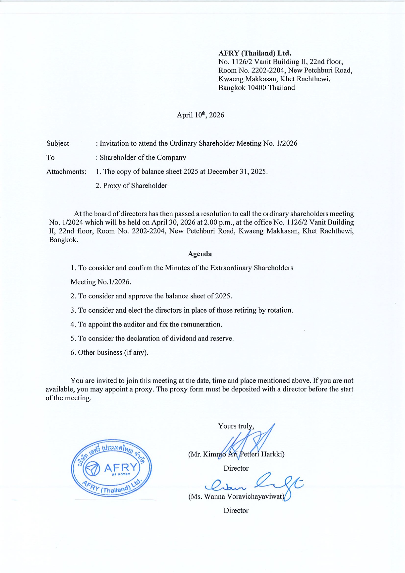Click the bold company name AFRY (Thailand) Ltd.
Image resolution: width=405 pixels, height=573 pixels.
pyautogui.click(x=255, y=53)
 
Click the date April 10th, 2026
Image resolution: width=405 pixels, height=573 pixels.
pyautogui.click(x=200, y=115)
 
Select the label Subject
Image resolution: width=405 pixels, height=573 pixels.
pyautogui.click(x=58, y=143)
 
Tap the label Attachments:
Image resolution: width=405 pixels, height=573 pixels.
pyautogui.click(x=66, y=172)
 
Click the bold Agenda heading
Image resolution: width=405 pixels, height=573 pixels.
pyautogui.click(x=200, y=254)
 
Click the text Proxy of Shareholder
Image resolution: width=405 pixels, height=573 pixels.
pyautogui.click(x=135, y=186)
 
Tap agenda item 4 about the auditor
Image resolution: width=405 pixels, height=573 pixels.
pyautogui.click(x=146, y=324)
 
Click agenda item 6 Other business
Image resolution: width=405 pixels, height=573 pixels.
pyautogui.click(x=109, y=353)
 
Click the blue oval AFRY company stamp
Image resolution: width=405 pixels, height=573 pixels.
pyautogui.click(x=111, y=468)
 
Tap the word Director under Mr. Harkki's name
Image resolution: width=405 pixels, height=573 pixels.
pyautogui.click(x=236, y=468)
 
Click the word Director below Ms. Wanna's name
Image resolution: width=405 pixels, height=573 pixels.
pyautogui.click(x=236, y=510)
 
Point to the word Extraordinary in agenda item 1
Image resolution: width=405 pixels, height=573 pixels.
pyautogui.click(x=231, y=268)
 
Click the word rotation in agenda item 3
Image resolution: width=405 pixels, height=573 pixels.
pyautogui.click(x=279, y=310)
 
